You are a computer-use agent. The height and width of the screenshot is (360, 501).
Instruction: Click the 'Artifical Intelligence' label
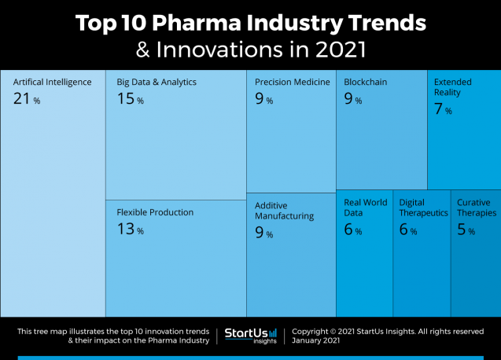[53, 82]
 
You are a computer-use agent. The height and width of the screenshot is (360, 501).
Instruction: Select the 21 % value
[26, 99]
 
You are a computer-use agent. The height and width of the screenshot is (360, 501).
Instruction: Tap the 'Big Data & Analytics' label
[157, 82]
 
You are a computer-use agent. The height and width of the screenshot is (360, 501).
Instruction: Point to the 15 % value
[130, 99]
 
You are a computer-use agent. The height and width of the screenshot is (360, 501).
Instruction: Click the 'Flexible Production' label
[155, 212]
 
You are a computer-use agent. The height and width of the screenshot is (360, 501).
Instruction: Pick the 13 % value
[130, 230]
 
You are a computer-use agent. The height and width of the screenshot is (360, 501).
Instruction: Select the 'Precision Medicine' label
[292, 82]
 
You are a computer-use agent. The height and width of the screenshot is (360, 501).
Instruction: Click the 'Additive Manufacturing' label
[285, 210]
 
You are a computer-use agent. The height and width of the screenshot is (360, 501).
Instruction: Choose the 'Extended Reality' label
[453, 86]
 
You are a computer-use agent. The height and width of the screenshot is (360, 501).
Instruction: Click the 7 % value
[443, 110]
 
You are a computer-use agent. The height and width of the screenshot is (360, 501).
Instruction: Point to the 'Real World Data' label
[366, 208]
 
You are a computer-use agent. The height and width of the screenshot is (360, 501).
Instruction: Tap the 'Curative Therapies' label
[477, 208]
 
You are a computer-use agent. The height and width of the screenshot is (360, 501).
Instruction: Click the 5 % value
[466, 230]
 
